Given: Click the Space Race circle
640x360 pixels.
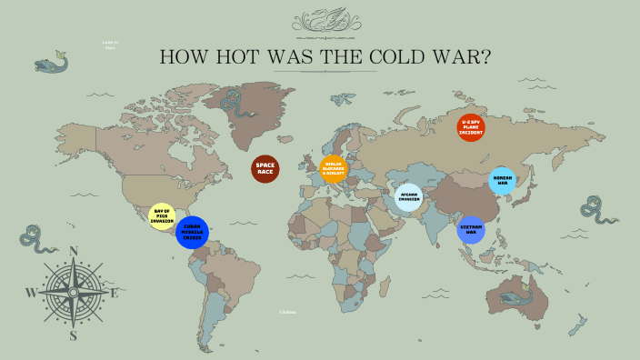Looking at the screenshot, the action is (265, 169).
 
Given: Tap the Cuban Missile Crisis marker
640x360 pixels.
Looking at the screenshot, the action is (192, 232).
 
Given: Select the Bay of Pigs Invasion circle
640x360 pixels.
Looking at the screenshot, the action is (162, 216).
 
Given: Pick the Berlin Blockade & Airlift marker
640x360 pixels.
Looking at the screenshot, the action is (334, 169).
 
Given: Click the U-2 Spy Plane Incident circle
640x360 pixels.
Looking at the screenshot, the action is (471, 127).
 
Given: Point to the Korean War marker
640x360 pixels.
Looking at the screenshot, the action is (502, 181).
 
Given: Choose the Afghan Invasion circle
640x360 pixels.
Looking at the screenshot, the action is (409, 197).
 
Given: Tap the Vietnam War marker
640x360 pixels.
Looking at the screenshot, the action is (471, 230).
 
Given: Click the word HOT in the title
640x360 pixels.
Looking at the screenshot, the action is (235, 57).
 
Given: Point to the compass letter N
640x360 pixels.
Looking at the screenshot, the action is (75, 252).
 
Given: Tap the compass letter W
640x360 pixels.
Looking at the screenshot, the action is (30, 293).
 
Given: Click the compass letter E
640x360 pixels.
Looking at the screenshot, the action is (115, 293).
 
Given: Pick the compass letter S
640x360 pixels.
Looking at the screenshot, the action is (75, 335).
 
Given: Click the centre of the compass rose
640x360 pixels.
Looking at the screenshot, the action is (73, 293).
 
